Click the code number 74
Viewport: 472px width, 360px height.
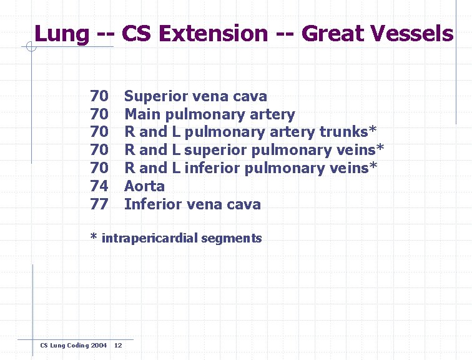click(x=99, y=186)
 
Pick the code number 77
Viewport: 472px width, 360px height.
click(x=99, y=204)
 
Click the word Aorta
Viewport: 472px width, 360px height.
click(x=145, y=186)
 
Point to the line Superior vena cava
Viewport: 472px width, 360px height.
click(x=195, y=96)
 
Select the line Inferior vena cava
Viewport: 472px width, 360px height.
click(x=192, y=204)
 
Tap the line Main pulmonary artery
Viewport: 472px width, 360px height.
click(x=209, y=114)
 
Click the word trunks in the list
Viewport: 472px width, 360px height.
click(x=344, y=132)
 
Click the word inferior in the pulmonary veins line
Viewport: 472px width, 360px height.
click(x=213, y=169)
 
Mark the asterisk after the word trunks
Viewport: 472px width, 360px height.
click(x=373, y=130)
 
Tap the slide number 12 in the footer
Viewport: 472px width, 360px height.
click(x=119, y=346)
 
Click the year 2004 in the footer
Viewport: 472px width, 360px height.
click(x=99, y=346)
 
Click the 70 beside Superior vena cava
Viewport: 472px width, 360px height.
click(x=99, y=96)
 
